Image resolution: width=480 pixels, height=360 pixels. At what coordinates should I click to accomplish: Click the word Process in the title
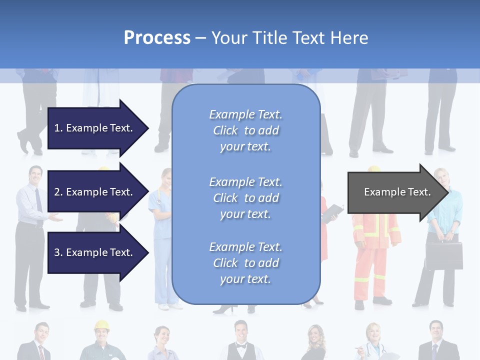[x=157, y=38]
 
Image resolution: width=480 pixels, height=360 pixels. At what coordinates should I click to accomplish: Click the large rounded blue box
[x=246, y=195]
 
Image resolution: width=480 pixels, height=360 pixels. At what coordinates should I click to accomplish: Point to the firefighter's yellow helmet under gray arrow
[x=373, y=168]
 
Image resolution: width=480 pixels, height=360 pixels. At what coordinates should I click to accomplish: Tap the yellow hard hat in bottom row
[x=101, y=325]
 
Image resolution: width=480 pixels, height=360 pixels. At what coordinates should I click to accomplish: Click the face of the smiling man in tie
[x=35, y=175]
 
